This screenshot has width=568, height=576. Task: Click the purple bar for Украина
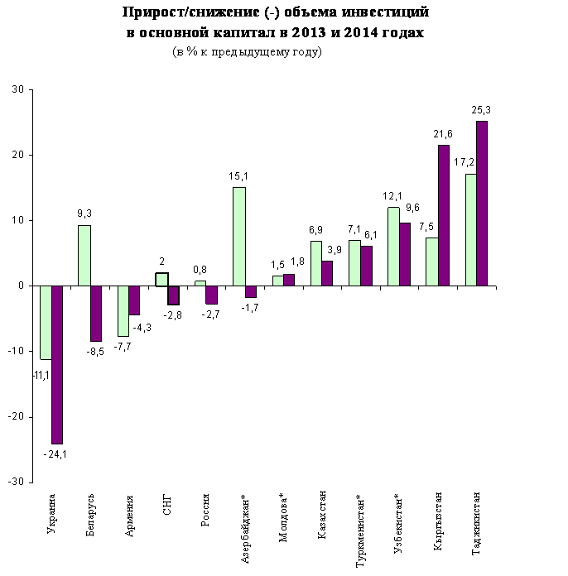click(x=57, y=364)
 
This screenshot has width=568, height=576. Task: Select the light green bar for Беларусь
click(x=84, y=255)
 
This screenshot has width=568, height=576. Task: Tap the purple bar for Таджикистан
click(x=482, y=204)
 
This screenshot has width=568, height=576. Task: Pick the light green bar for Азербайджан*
click(x=238, y=236)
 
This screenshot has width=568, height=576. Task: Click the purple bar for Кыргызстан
click(x=443, y=215)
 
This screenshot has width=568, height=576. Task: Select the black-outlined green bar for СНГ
click(x=161, y=279)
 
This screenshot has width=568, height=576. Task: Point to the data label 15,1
click(x=238, y=175)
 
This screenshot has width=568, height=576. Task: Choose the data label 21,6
click(x=443, y=133)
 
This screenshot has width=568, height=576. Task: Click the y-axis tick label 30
click(x=17, y=89)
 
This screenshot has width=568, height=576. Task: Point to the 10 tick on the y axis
click(x=17, y=220)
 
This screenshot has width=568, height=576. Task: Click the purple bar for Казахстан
click(x=327, y=273)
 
